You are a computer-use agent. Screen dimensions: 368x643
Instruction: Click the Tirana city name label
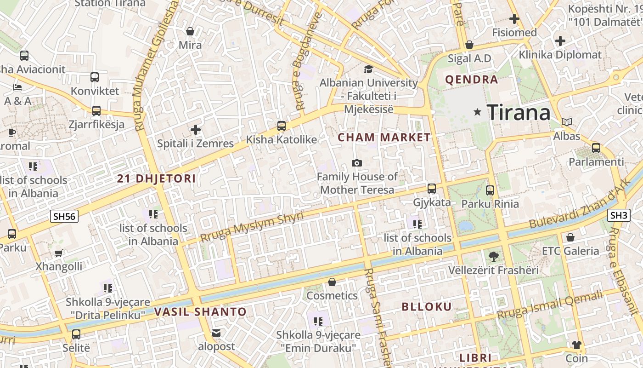[x=519, y=112]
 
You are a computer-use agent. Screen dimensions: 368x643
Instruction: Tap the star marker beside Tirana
[x=478, y=112]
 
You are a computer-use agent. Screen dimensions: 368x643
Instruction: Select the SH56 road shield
[x=64, y=216]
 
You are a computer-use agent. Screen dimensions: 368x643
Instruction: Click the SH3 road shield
[x=619, y=215]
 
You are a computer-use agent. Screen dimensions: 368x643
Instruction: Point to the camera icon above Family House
[x=356, y=163]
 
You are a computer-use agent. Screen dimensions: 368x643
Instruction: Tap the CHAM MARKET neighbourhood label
[x=384, y=137]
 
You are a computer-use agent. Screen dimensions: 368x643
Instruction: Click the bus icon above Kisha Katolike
[x=281, y=126]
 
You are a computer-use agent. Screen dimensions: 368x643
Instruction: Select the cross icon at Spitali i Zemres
[x=196, y=130]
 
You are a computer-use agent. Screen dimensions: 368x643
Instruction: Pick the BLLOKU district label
[x=427, y=307]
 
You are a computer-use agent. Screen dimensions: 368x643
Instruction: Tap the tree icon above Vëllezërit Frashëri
[x=494, y=256]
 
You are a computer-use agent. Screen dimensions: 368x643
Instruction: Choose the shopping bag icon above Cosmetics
[x=332, y=282]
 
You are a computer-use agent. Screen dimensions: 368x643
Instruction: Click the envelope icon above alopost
[x=216, y=333]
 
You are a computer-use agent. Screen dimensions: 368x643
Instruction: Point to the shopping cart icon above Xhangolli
[x=58, y=253]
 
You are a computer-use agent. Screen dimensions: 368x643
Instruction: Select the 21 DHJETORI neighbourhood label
[x=156, y=179]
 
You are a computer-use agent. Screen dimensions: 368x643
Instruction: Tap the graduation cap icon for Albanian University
[x=368, y=69]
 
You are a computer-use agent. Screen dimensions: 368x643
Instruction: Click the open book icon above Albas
[x=567, y=122]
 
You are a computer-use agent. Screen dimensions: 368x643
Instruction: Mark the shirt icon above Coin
[x=576, y=345]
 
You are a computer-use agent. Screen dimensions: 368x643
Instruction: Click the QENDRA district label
[x=472, y=80]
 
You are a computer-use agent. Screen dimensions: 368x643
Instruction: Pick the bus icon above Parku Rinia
[x=490, y=190]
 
